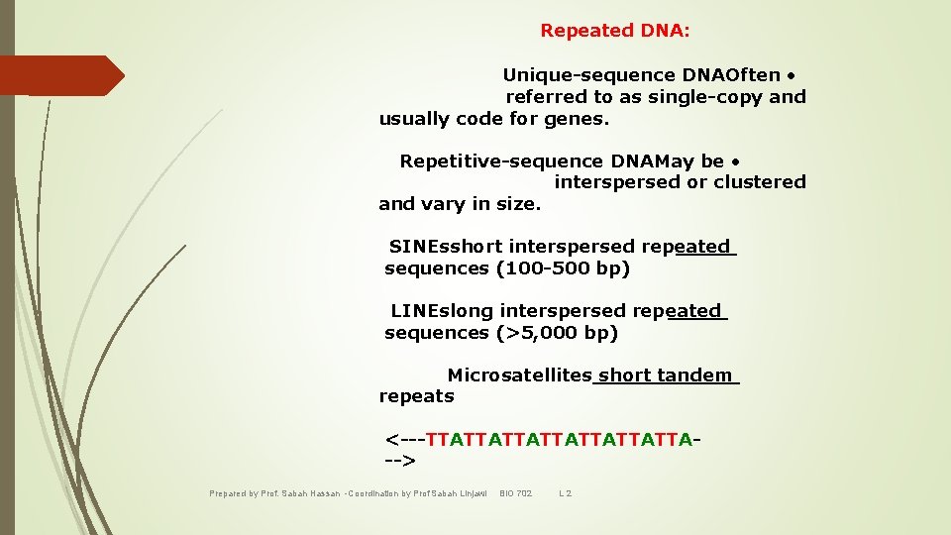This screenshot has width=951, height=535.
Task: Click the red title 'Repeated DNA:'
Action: [615, 31]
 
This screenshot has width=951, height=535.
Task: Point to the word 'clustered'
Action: [761, 182]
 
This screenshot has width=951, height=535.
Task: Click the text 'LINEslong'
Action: [442, 311]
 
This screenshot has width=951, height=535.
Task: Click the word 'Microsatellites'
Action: [519, 375]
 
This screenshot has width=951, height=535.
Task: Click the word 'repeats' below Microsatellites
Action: [416, 396]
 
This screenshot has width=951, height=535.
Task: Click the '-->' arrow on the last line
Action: [400, 462]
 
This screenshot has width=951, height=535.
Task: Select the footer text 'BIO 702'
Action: [515, 493]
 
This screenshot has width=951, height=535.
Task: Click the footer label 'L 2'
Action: [566, 493]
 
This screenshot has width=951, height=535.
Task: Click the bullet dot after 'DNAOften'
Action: [792, 75]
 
